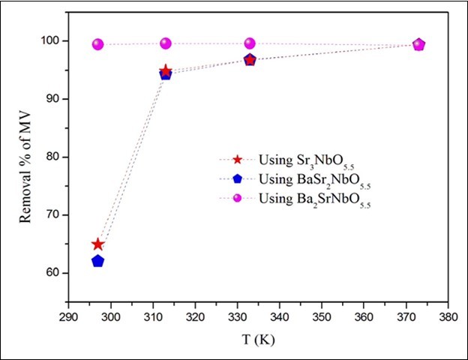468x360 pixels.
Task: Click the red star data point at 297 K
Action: coord(97,244)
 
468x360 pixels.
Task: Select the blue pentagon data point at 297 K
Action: coord(97,261)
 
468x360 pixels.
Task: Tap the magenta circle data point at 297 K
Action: coord(97,44)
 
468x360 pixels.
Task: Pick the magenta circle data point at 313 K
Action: coord(166,43)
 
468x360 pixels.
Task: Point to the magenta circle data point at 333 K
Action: coord(250,43)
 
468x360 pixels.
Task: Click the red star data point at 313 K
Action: coord(166,70)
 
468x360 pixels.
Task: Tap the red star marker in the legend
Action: coord(237,159)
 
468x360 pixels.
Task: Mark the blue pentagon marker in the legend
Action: coord(237,180)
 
